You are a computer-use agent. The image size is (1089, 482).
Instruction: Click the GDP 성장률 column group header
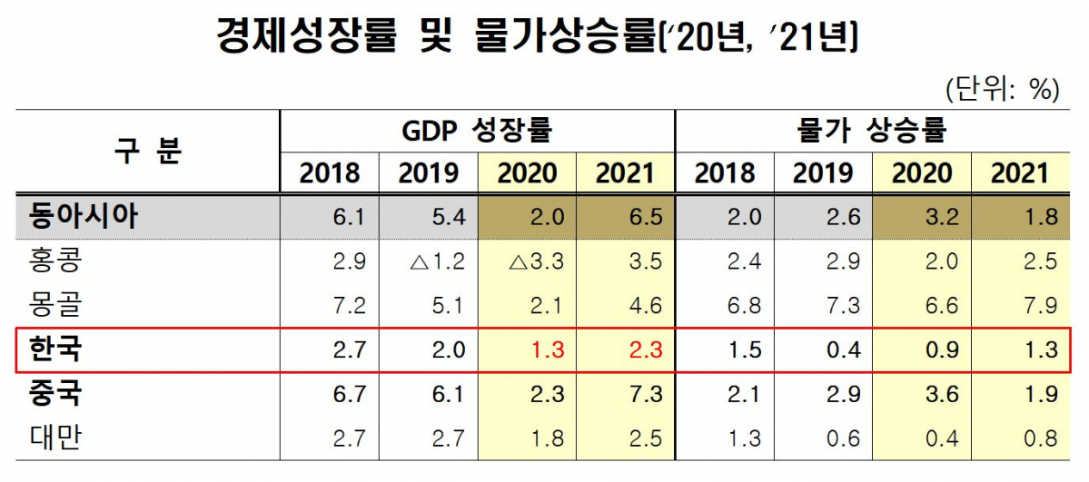pyautogui.click(x=477, y=132)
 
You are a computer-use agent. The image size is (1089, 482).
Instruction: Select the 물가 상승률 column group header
pyautogui.click(x=870, y=132)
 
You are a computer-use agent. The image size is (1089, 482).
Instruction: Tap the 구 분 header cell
pyautogui.click(x=147, y=150)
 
